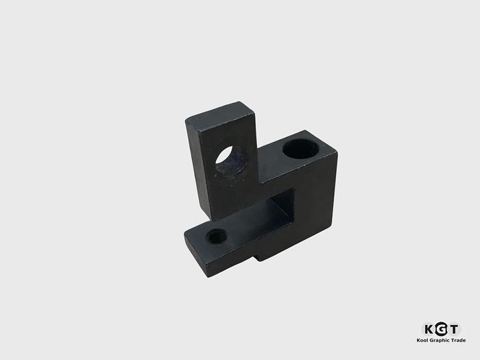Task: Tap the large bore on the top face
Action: pos(299,147)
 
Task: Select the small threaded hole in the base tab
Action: pos(217,237)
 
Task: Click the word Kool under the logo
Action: pos(424,341)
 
